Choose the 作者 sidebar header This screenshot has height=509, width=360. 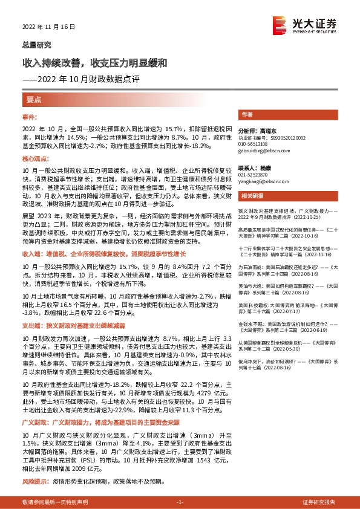(246, 114)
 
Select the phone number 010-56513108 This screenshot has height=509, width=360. (255, 143)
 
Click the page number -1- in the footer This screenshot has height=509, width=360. (180, 502)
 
